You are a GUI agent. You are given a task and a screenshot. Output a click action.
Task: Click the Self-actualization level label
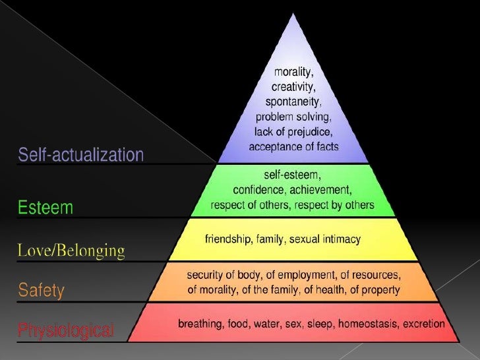pos(80,156)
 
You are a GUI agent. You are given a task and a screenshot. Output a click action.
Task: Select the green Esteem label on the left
pos(45,208)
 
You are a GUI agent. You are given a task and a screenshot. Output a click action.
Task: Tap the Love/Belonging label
pos(71,251)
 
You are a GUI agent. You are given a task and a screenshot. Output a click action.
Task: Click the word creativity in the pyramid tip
pos(294,87)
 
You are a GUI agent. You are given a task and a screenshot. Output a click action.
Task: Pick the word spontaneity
pos(294,102)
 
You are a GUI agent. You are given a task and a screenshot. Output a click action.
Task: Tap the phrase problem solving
pos(294,117)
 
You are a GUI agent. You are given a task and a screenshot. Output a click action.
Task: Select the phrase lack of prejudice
pos(294,132)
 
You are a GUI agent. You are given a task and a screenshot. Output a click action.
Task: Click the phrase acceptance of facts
pos(294,146)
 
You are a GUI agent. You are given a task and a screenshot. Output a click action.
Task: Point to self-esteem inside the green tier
pos(293,177)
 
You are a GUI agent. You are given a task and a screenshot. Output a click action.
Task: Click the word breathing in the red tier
pos(200,324)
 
